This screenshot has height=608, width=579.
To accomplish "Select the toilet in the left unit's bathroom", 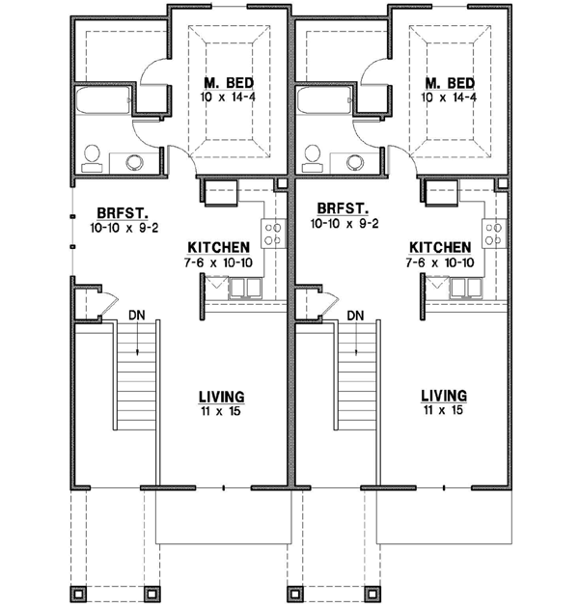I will pos(94,155).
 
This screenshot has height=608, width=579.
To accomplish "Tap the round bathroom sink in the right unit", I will pos(354,160).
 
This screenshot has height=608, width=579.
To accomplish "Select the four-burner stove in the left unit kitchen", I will pos(274,233).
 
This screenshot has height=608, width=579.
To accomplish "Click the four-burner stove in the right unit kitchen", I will pos(495,233).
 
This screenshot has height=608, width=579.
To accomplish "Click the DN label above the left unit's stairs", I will pos(137,315).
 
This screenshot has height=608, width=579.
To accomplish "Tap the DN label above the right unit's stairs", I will pos(355,315).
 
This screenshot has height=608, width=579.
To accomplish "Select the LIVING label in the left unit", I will pos(221,397).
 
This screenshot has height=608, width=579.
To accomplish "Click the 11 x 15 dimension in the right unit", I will pos(443,410).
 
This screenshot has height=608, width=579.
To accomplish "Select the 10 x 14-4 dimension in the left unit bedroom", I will pos(228,97).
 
